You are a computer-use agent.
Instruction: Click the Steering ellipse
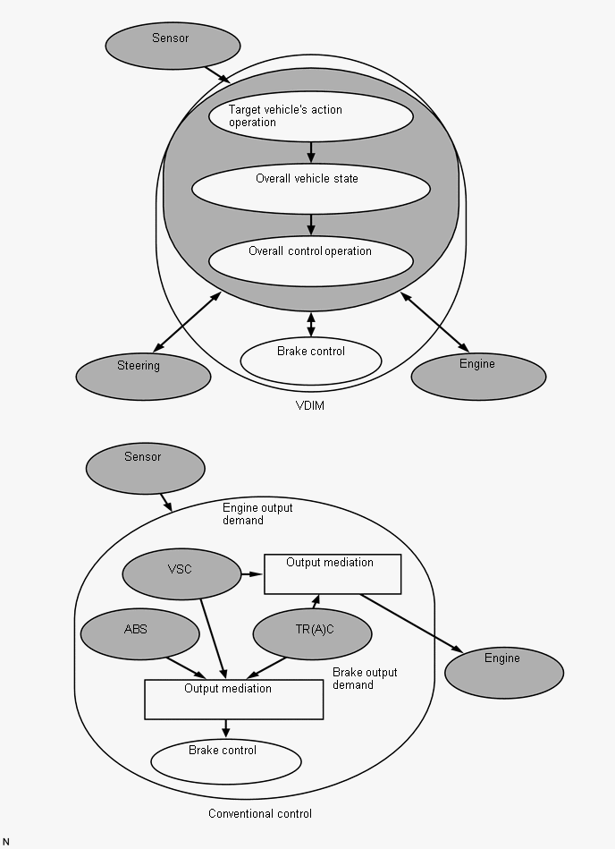[x=143, y=377]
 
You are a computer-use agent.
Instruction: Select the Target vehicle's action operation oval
[x=311, y=116]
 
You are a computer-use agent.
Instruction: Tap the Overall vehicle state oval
[x=311, y=189]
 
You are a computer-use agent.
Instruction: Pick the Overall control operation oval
[x=311, y=261]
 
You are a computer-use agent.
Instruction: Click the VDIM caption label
[x=310, y=405]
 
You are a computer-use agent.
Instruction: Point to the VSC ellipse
[x=181, y=574]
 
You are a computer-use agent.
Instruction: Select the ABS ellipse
[x=140, y=634]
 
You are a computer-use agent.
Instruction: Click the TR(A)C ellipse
[x=313, y=634]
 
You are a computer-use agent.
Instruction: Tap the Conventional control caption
[x=260, y=814]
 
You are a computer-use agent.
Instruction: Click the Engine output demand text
[x=257, y=514]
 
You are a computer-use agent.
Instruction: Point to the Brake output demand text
[x=365, y=678]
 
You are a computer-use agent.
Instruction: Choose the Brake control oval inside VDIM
[x=311, y=361]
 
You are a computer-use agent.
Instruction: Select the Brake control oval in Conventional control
[x=226, y=761]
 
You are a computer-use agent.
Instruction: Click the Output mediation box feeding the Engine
[x=333, y=574]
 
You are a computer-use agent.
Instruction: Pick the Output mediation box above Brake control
[x=234, y=700]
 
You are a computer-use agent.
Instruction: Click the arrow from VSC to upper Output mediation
[x=252, y=574]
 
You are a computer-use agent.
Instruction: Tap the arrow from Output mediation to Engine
[x=411, y=624]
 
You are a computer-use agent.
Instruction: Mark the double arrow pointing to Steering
[x=187, y=322]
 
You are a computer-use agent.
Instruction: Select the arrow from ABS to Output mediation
[x=186, y=667]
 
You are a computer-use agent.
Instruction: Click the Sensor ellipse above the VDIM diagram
[x=173, y=46]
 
